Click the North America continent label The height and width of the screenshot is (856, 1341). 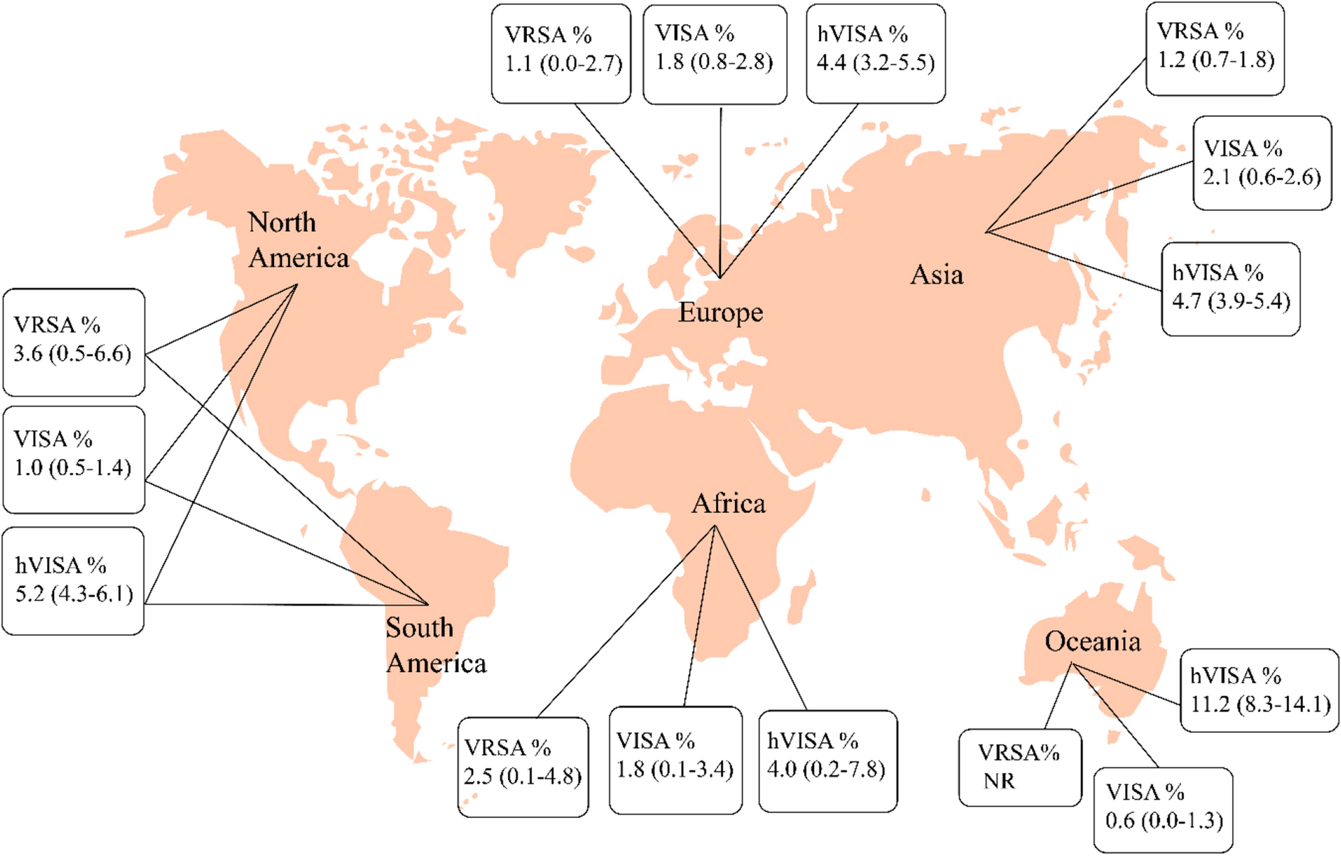[x=298, y=240]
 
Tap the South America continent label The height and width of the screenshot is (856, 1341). [x=435, y=645]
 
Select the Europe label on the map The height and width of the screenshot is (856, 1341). [x=720, y=312]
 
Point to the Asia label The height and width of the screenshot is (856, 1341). [x=936, y=274]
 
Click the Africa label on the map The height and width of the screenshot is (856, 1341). [x=729, y=504]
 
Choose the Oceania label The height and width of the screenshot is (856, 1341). [x=1092, y=641]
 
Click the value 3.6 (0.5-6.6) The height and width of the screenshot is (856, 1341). [x=72, y=353]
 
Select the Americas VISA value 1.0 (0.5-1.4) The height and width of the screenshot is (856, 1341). [x=72, y=467]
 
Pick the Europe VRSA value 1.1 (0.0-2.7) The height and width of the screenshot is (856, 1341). [x=563, y=63]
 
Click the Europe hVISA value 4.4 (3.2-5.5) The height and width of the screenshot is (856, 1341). [x=875, y=63]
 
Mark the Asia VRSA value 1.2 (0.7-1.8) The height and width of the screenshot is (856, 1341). [x=1215, y=59]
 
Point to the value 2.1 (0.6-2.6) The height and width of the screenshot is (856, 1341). [x=1261, y=176]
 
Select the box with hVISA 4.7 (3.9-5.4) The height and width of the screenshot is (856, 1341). [x=1231, y=289]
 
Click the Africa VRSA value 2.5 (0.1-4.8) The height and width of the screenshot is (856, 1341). [x=523, y=776]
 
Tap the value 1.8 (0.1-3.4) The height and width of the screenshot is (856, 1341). [x=675, y=769]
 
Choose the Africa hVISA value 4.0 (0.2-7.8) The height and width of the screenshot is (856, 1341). [x=826, y=769]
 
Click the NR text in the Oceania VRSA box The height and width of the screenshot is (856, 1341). [x=999, y=781]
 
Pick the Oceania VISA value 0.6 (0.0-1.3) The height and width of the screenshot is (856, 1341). [x=1164, y=820]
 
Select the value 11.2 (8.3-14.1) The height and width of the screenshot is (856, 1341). [x=1260, y=704]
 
